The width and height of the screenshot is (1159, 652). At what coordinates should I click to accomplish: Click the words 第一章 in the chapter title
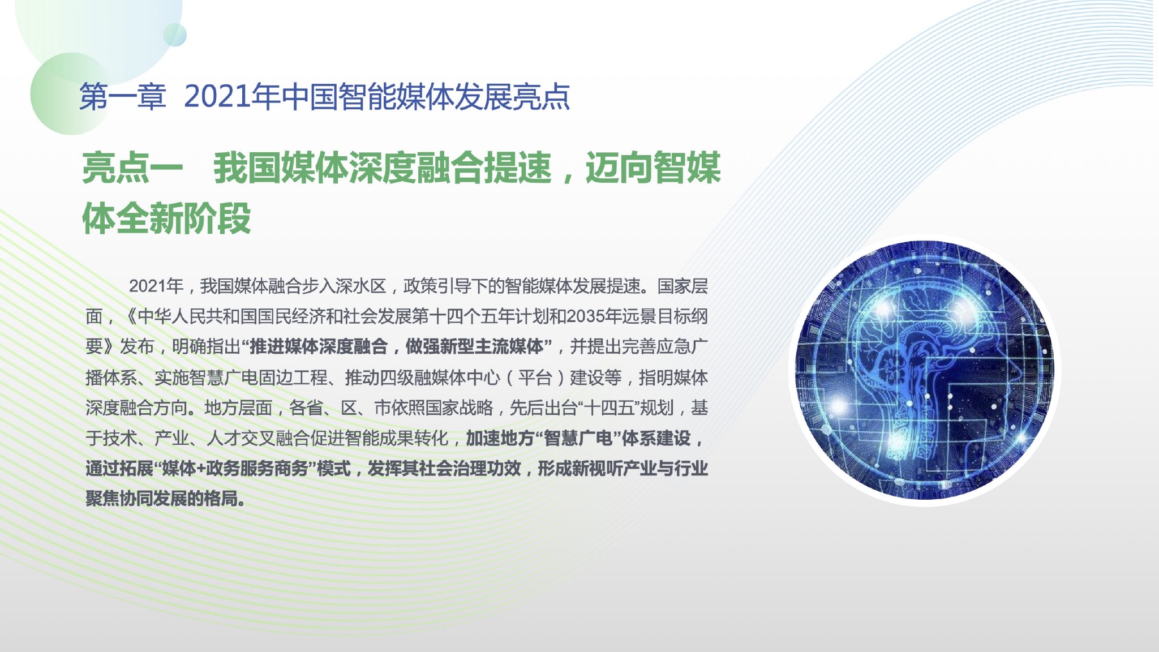click(x=123, y=97)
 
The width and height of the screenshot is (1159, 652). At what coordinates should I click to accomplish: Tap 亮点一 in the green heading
click(x=133, y=168)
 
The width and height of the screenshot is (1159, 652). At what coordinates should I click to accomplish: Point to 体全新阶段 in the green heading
click(x=167, y=218)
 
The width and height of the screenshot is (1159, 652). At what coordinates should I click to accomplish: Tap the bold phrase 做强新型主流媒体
click(x=474, y=346)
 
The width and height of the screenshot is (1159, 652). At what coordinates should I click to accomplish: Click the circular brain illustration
click(x=925, y=370)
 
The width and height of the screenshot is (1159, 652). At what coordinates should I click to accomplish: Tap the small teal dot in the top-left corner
click(x=175, y=35)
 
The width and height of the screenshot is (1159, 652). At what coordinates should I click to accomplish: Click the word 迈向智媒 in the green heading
click(x=653, y=168)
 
